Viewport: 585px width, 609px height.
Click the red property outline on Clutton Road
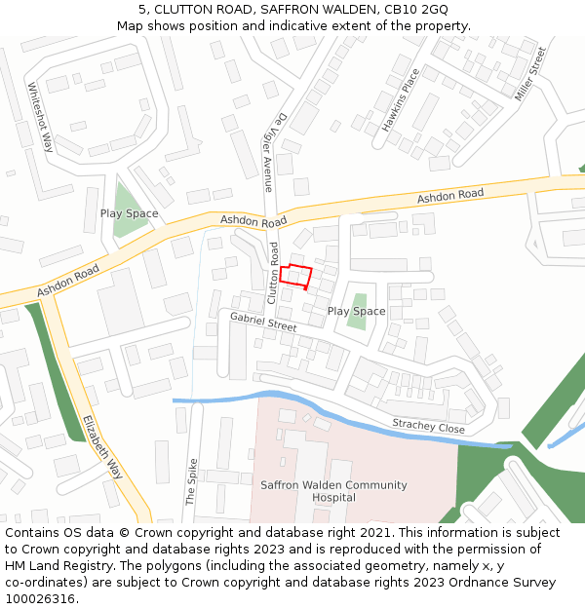tap(296, 276)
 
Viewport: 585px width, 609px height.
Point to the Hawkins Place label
tap(401, 100)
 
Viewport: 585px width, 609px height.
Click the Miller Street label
tap(531, 73)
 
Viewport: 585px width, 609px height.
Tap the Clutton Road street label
tap(274, 272)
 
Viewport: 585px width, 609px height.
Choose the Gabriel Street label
tap(263, 323)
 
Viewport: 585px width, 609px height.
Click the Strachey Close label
tap(428, 427)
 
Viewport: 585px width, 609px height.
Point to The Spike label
tap(191, 481)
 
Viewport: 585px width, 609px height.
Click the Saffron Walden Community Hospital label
tap(320, 491)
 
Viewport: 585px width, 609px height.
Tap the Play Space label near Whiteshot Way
tap(129, 213)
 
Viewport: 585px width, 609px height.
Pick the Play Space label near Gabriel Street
tap(356, 311)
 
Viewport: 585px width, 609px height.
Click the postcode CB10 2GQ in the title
tap(416, 9)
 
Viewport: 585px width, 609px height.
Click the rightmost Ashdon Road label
tap(450, 197)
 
